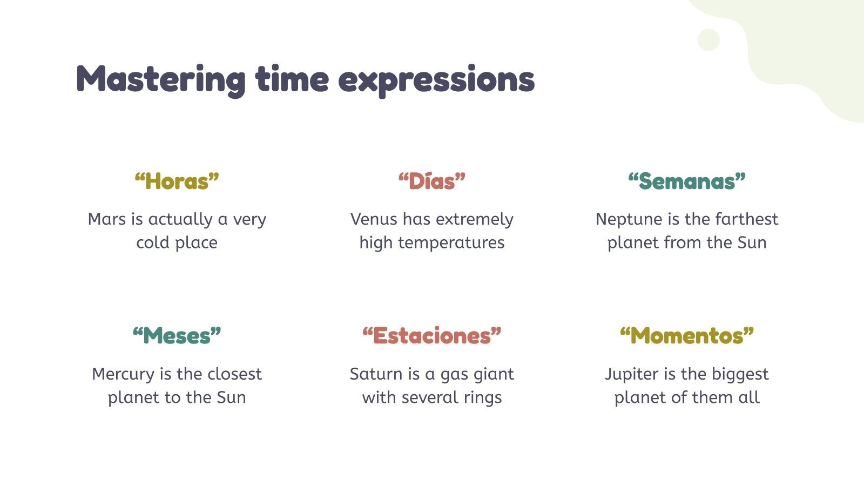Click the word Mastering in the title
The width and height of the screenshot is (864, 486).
[x=161, y=79]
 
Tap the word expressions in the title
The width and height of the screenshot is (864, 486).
[x=436, y=79]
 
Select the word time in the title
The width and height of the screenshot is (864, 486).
[x=292, y=79]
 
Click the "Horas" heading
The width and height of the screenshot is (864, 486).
[x=177, y=181]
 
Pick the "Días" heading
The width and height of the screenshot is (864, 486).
[x=432, y=181]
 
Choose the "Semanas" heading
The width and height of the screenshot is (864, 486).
[x=687, y=181]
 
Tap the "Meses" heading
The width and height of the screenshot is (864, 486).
[x=177, y=336]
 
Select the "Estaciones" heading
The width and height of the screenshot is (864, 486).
[x=432, y=336]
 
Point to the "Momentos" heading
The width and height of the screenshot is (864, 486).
[x=687, y=336]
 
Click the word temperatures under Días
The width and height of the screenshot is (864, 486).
[x=451, y=243]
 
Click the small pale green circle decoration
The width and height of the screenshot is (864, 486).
[x=708, y=40]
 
